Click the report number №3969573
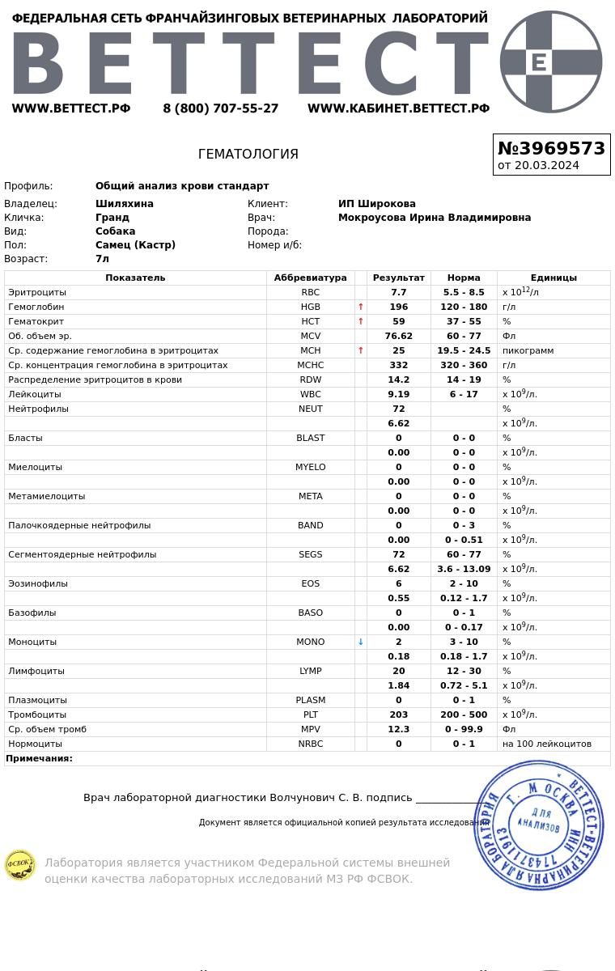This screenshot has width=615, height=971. click(x=551, y=149)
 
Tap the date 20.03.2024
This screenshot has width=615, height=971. click(x=538, y=166)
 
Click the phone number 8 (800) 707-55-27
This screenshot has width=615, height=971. click(x=220, y=108)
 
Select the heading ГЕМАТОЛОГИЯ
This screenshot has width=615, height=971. click(x=248, y=155)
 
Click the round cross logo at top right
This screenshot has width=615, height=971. click(x=551, y=61)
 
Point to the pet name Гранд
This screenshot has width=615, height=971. click(x=112, y=218)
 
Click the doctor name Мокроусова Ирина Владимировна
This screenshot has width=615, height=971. click(x=434, y=218)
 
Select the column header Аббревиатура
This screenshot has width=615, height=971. click(x=310, y=278)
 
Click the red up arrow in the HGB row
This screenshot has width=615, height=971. click(x=361, y=307)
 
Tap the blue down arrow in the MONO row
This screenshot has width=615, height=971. click(x=361, y=642)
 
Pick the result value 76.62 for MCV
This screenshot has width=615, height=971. click(x=398, y=337)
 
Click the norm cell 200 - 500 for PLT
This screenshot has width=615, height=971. click(x=463, y=715)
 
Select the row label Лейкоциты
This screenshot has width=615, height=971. click(x=35, y=395)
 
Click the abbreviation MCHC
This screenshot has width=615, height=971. click(x=310, y=366)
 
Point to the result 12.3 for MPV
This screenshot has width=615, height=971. click(x=398, y=730)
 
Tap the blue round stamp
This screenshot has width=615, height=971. click(x=539, y=825)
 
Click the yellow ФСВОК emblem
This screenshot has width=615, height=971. click(x=20, y=865)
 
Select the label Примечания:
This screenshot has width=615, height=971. click(x=39, y=759)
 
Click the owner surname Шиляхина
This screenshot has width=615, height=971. click(x=124, y=204)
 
